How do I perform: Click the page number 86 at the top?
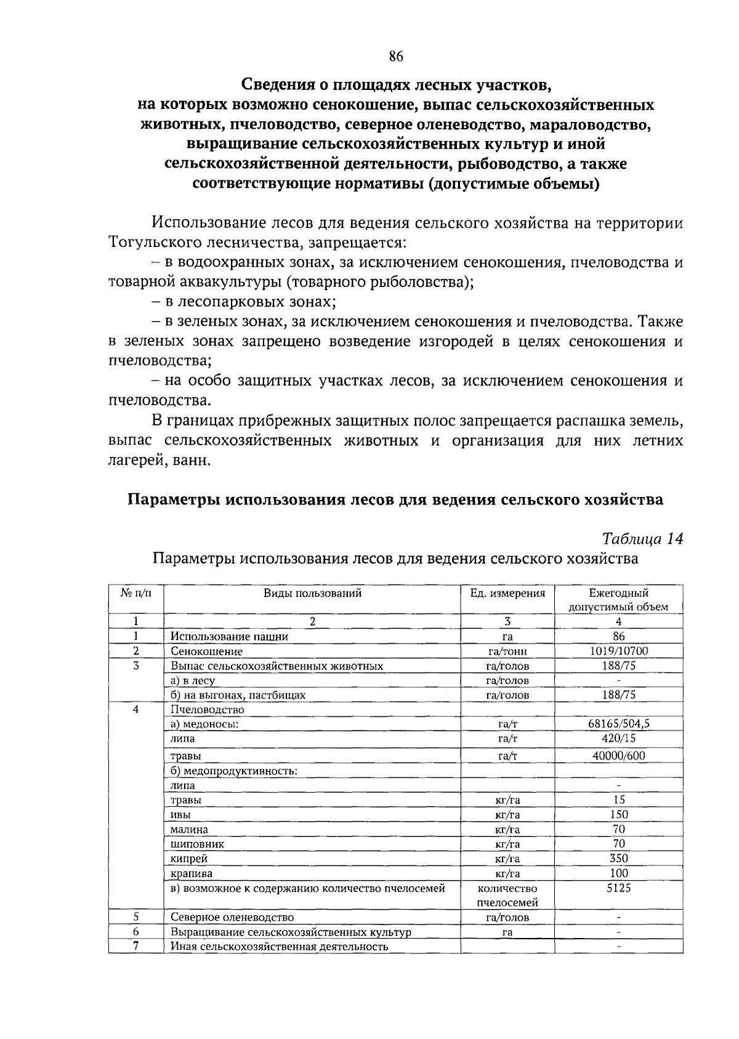[395, 57]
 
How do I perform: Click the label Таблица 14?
[642, 538]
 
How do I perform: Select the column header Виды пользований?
[312, 593]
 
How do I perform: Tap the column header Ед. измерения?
[507, 593]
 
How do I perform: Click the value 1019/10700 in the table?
[618, 651]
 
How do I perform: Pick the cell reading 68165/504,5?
[618, 724]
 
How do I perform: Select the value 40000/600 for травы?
[618, 756]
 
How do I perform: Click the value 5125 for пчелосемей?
[618, 888]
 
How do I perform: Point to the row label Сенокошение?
[206, 652]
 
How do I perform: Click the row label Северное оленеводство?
[232, 918]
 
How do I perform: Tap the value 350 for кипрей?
[618, 859]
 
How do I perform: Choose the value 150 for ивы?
[618, 814]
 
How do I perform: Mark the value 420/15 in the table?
[618, 738]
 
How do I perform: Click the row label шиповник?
[197, 844]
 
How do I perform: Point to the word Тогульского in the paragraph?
[153, 243]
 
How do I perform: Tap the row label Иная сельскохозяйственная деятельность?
[279, 947]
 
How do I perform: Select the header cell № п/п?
[135, 593]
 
